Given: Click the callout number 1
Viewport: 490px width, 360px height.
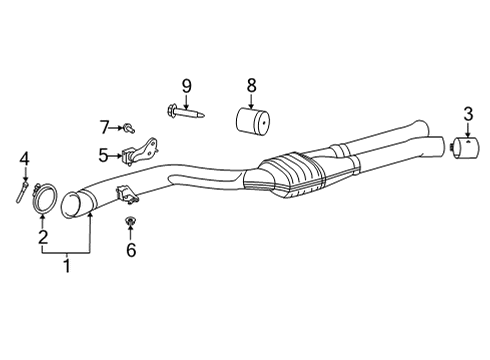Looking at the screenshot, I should tap(67, 266).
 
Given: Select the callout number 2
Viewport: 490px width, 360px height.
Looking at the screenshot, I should tap(42, 237).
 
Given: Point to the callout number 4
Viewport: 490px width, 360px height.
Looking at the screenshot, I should tap(25, 158).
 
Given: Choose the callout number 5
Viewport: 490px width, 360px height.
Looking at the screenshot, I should tap(104, 155).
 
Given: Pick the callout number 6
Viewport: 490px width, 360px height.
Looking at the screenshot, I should tap(130, 250).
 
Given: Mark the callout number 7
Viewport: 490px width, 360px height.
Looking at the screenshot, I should tap(104, 126).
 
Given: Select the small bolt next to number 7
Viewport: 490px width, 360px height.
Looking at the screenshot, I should tap(130, 127).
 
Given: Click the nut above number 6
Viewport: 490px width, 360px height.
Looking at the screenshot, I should tap(130, 220).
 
